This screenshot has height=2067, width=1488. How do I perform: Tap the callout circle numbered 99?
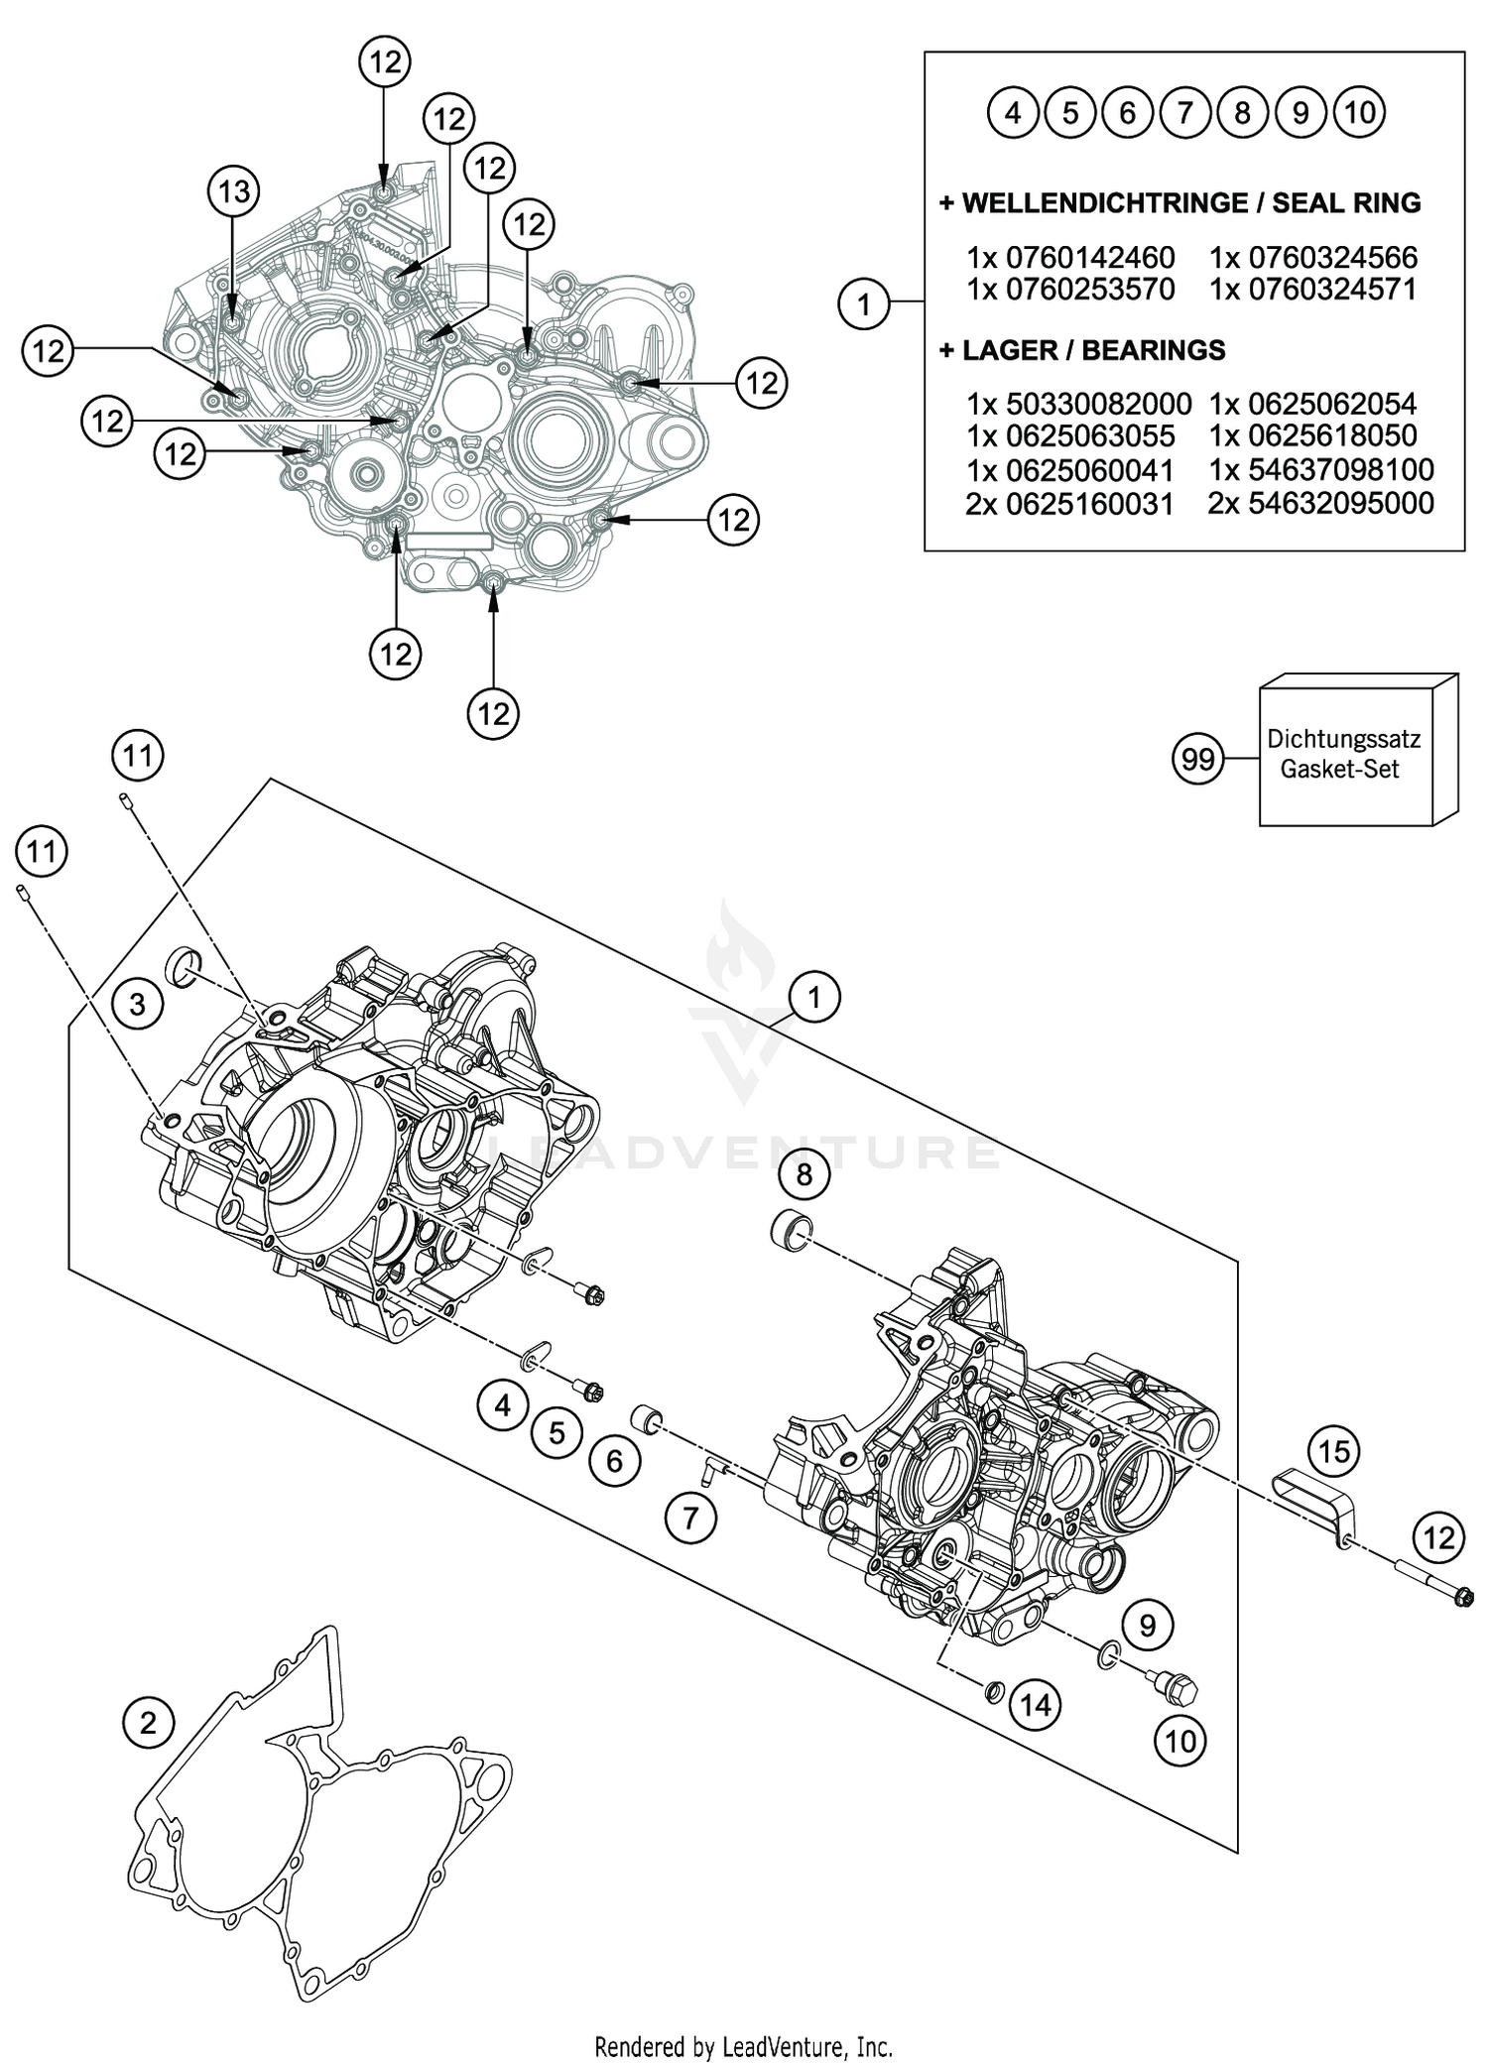[x=1198, y=759]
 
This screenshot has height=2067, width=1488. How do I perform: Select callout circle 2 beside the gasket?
[x=149, y=1722]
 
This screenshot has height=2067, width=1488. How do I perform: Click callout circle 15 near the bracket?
[x=1334, y=1452]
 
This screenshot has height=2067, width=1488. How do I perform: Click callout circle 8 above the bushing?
[x=804, y=1175]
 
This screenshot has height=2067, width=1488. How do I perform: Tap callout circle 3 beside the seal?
[x=137, y=1004]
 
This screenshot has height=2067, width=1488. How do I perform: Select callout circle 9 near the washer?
[x=1148, y=1625]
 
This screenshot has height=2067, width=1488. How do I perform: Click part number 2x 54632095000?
[x=1321, y=503]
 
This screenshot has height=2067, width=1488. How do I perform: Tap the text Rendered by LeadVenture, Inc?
[x=744, y=2045]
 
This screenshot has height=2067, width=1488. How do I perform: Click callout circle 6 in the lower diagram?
[x=615, y=1460]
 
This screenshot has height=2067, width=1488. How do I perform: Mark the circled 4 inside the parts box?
[x=1012, y=113]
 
